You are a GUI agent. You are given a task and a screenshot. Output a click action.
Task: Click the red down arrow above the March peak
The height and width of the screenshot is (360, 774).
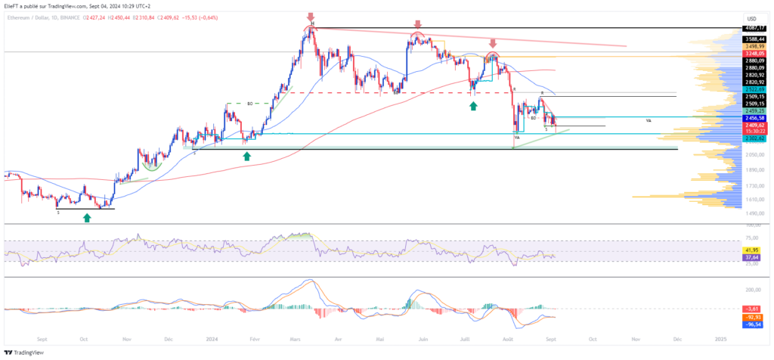(x=310, y=17)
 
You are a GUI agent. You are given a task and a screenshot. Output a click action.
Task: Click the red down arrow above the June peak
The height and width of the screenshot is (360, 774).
(x=417, y=24)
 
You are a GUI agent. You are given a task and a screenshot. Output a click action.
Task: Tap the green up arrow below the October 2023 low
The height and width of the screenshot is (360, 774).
(x=87, y=218)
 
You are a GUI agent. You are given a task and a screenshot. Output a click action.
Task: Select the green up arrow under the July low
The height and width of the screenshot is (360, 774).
(x=473, y=106)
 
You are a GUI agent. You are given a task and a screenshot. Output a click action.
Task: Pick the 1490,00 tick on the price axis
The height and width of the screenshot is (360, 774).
(x=751, y=214)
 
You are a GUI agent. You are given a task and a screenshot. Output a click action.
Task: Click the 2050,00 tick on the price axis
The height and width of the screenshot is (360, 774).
(x=751, y=154)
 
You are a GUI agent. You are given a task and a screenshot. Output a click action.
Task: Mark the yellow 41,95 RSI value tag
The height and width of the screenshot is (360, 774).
(x=751, y=249)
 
